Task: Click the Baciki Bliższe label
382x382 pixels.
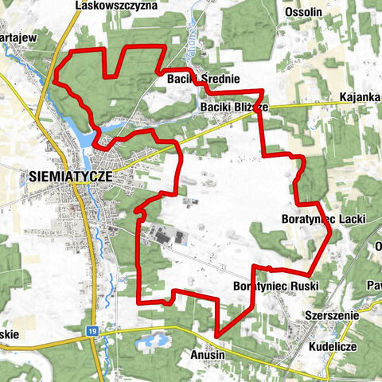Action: coord(234,107)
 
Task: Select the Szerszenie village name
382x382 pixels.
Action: coord(332,316)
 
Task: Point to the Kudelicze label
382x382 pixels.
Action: coord(334,348)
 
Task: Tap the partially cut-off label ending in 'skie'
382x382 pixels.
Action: coord(9,333)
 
